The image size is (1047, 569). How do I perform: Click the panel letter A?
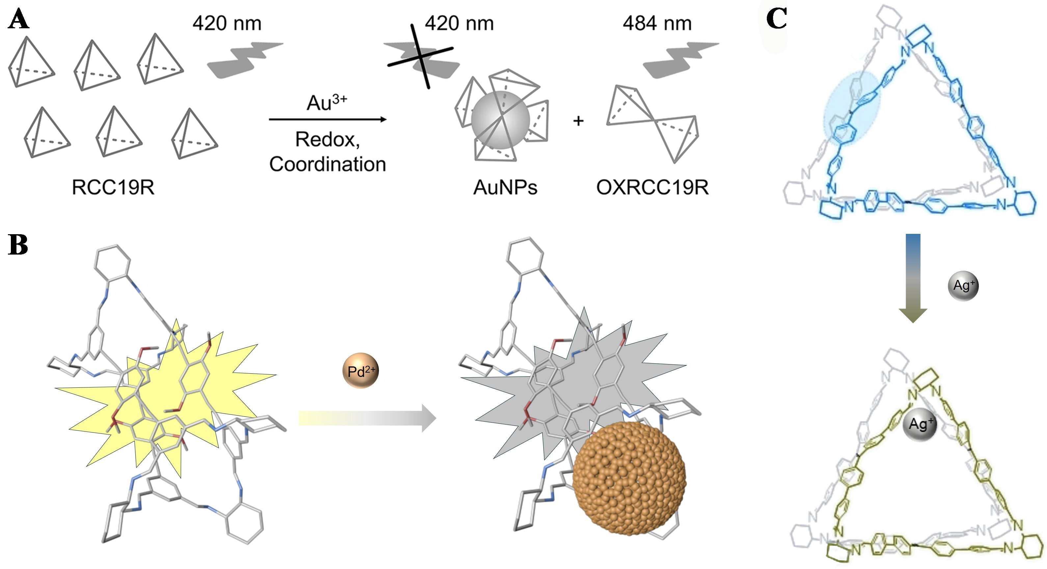pyautogui.click(x=19, y=19)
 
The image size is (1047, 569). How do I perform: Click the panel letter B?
pyautogui.click(x=18, y=245)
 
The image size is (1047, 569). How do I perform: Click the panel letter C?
pyautogui.click(x=775, y=18)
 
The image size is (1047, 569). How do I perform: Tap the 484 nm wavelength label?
pyautogui.click(x=657, y=23)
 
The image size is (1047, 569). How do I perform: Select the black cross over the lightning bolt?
pyautogui.click(x=421, y=57)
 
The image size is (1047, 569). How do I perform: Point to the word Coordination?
pyautogui.click(x=327, y=164)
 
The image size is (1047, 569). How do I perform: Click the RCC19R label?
pyautogui.click(x=113, y=187)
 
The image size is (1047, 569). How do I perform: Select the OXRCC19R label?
pyautogui.click(x=652, y=187)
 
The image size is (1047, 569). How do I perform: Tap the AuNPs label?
pyautogui.click(x=505, y=187)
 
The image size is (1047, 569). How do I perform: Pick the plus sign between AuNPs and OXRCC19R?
pyautogui.click(x=578, y=121)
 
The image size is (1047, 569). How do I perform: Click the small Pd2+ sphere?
pyautogui.click(x=361, y=371)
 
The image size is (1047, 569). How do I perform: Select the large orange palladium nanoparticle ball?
pyautogui.click(x=629, y=478)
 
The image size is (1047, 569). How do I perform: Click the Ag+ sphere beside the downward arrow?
pyautogui.click(x=963, y=286)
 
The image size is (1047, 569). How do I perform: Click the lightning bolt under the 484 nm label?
pyautogui.click(x=680, y=59)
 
